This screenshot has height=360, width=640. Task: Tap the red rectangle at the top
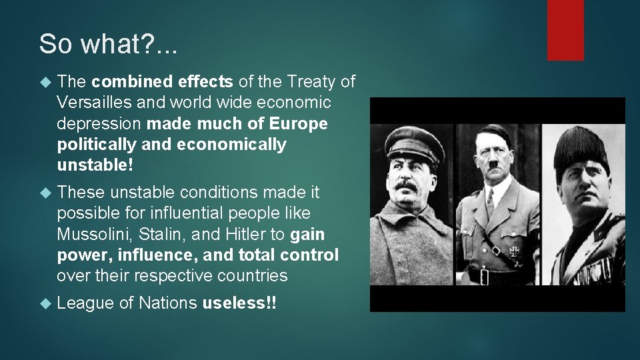point(565,29)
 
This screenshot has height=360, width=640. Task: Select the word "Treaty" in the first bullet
point(311,82)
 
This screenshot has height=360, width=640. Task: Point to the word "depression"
point(99,124)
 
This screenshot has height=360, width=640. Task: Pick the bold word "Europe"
point(301,124)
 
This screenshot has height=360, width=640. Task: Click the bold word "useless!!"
point(239,303)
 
